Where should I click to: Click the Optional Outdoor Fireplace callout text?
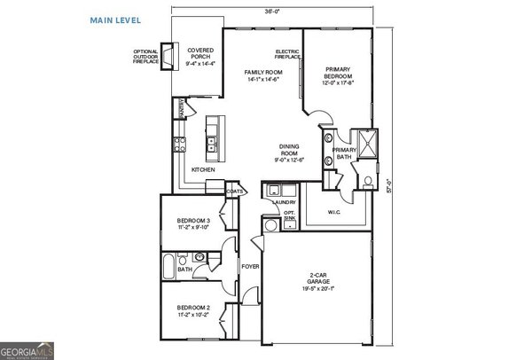point(144,59)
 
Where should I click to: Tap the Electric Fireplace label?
point(287,54)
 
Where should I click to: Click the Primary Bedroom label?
point(341,77)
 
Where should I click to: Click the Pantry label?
point(182,108)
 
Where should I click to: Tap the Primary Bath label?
point(344,153)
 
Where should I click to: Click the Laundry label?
point(284,202)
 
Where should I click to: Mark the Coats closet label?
point(235,190)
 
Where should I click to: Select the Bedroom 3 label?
point(193,223)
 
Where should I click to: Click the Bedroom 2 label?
point(193,310)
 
